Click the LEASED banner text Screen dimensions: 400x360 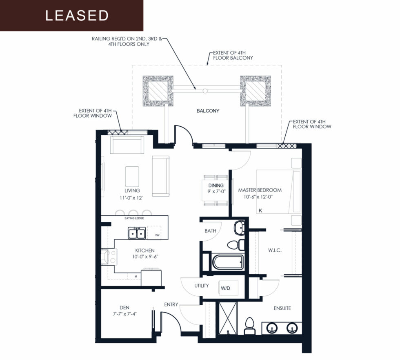click(77, 16)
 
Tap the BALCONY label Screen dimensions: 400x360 click(208, 111)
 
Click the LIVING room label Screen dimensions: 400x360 click(132, 191)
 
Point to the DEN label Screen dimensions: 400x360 click(124, 308)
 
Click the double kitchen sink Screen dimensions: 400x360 click(137, 233)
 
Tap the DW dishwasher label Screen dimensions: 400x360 click(157, 235)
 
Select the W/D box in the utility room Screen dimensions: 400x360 click(228, 288)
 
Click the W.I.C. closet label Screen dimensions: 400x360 click(275, 250)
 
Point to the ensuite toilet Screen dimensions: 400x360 click(250, 326)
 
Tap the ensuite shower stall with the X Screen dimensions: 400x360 click(228, 318)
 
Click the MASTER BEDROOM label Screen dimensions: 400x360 click(260, 190)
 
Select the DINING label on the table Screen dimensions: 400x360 click(216, 186)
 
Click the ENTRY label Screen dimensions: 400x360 click(171, 304)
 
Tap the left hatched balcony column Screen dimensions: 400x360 click(158, 91)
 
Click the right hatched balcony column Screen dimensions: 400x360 click(256, 91)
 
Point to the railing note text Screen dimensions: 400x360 click(127, 42)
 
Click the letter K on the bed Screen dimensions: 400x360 click(260, 210)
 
